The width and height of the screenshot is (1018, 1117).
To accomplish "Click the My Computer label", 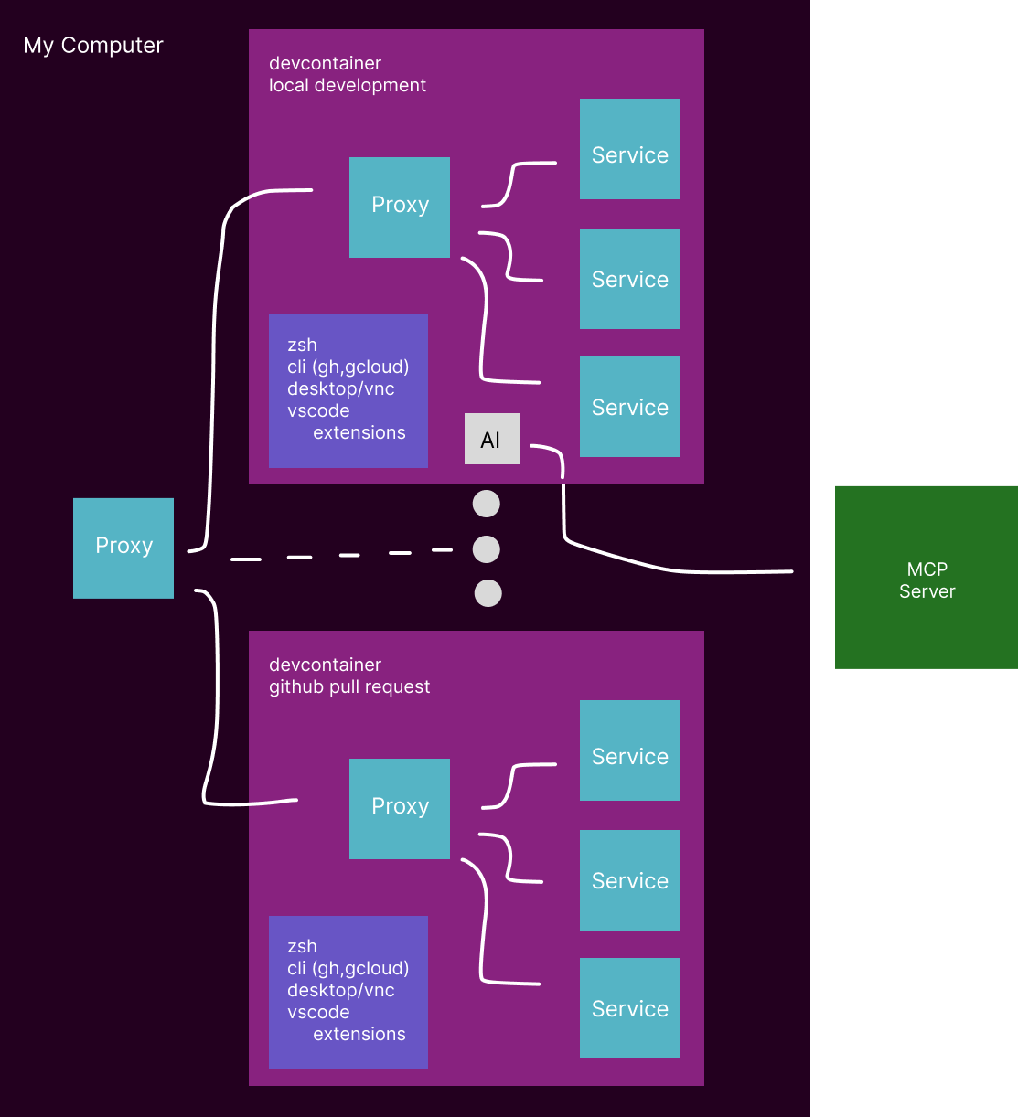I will tap(93, 46).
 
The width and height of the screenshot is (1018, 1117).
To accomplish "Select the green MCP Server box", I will tap(926, 577).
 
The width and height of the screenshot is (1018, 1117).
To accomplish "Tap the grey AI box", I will tap(491, 439).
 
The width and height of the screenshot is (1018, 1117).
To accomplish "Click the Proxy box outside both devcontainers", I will tap(123, 548).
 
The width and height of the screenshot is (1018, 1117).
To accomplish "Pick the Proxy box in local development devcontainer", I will tap(400, 207).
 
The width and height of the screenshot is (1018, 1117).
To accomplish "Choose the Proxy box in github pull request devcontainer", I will tap(400, 808).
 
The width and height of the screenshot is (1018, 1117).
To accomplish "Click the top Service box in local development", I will tap(629, 149).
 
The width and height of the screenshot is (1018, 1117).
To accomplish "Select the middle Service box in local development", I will tap(629, 279).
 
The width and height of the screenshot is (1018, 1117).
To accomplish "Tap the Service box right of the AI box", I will tap(629, 407).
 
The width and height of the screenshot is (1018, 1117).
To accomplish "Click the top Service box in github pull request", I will tap(629, 750).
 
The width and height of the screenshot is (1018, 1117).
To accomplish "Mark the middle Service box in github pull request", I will tap(629, 880).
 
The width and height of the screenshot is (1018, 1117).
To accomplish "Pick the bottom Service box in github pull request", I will tap(629, 1008).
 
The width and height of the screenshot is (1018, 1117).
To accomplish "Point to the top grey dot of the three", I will tap(486, 504).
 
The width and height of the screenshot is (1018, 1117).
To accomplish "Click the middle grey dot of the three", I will tap(486, 549).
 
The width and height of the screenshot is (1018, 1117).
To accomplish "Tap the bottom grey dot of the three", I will tap(488, 593).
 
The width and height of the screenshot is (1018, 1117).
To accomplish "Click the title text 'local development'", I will tap(348, 86).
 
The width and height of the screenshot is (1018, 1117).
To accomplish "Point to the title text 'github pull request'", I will tap(349, 687).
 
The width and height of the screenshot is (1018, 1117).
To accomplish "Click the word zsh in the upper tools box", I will tap(302, 346).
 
